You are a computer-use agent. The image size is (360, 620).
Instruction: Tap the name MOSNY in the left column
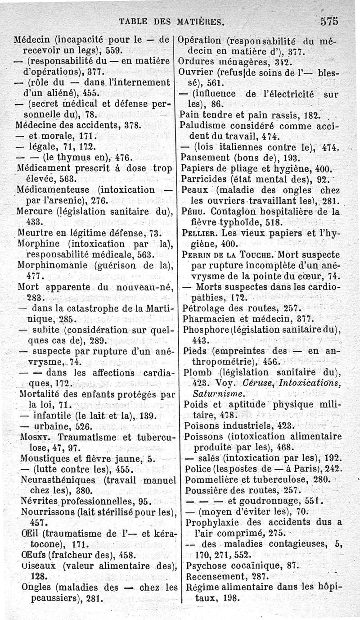pyautogui.click(x=33, y=437)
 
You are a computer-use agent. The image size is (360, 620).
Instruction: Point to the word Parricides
pyautogui.click(x=206, y=179)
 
